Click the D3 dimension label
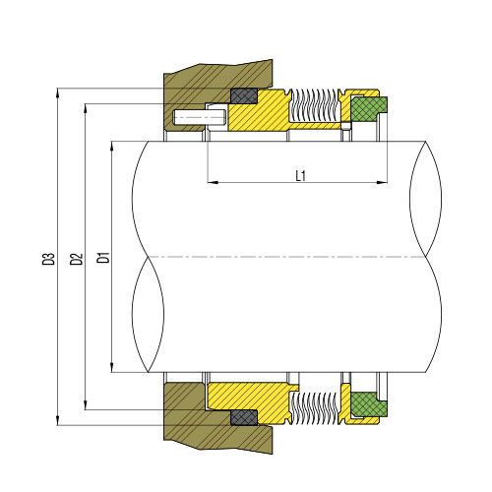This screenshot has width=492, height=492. pos(47,261)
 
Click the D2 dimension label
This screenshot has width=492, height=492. pos(75,261)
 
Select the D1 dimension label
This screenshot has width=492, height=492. pos(101,261)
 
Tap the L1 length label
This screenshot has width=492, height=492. pos(301,174)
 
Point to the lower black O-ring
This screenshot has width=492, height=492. pos(242,418)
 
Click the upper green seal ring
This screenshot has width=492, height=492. pos(369,107)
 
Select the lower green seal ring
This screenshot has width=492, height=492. pos(369,404)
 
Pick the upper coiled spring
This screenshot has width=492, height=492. pos(314,105)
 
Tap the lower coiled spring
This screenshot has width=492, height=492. pos(314,406)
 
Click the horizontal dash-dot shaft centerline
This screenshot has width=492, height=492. pos(285,257)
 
